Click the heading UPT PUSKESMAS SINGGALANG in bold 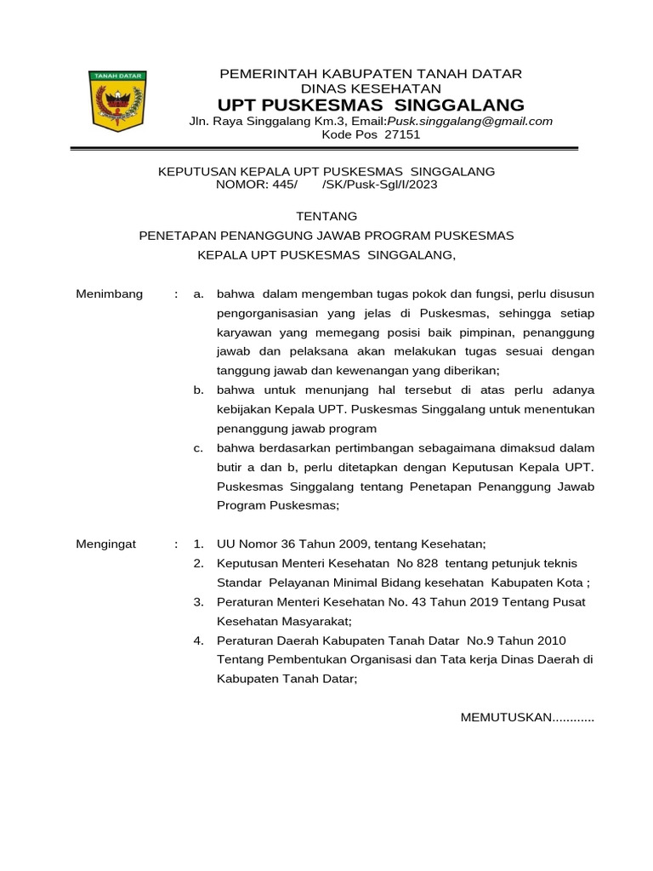[x=371, y=105]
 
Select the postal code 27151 [x=403, y=134]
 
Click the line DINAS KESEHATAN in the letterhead [x=371, y=88]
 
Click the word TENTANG [x=326, y=217]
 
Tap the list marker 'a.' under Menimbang [x=198, y=293]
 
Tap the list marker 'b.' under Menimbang [x=198, y=390]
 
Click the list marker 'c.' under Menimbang [x=198, y=447]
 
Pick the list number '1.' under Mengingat [x=198, y=544]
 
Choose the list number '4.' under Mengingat [x=198, y=640]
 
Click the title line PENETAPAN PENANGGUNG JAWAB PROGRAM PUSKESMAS [x=326, y=236]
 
